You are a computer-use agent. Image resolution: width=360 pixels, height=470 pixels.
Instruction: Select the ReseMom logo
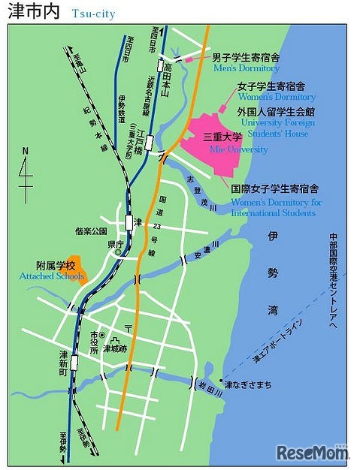(311, 452)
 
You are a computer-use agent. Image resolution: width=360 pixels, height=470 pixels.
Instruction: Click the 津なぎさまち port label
(247, 385)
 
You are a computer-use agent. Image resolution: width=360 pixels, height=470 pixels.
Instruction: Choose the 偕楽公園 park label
(91, 232)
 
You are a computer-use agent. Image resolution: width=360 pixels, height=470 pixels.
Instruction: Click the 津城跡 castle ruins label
(116, 348)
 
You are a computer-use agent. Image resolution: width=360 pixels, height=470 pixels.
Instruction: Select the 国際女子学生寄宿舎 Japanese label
(274, 189)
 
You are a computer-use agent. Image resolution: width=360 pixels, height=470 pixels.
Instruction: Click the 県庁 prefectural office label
(115, 245)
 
